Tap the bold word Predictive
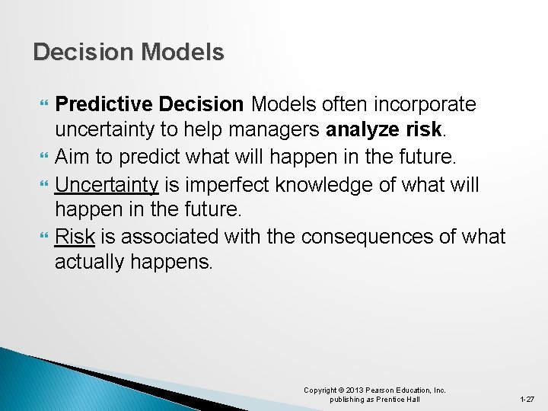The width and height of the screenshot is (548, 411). tap(104, 104)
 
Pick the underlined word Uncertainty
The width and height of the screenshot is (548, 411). tap(107, 183)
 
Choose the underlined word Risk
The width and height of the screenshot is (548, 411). tap(75, 237)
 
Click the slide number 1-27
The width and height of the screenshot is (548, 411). tap(526, 399)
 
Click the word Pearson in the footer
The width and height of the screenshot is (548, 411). tap(385, 390)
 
